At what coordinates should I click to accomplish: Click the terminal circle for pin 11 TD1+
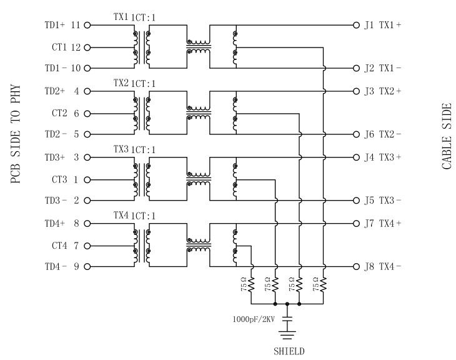87,26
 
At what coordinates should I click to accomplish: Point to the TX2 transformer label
121,83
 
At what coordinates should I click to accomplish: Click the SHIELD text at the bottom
289,351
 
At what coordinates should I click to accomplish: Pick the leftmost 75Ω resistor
251,286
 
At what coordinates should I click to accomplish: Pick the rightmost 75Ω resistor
324,286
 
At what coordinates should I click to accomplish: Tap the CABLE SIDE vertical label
447,136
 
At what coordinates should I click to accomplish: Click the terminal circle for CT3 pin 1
87,180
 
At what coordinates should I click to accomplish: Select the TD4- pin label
55,267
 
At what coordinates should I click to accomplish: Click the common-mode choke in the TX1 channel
198,46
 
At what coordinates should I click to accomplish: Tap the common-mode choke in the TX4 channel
198,243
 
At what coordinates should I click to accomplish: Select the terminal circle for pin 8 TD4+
87,223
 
